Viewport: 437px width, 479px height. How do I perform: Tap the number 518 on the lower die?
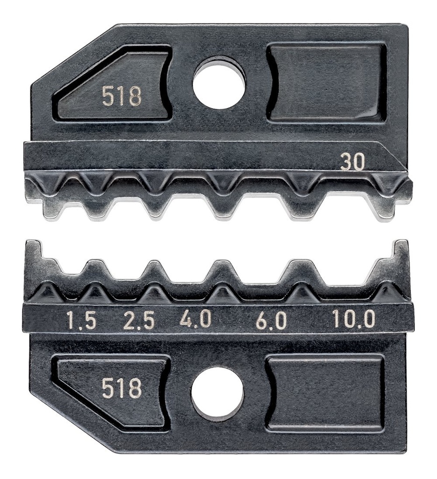(122, 388)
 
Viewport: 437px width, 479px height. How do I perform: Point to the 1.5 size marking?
(81, 321)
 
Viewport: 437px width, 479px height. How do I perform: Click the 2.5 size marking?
(138, 321)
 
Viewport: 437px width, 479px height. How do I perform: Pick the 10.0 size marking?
(354, 319)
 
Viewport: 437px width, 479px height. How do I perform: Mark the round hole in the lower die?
(217, 393)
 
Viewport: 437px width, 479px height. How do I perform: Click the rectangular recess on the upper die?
(327, 83)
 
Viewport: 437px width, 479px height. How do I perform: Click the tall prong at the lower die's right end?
(401, 255)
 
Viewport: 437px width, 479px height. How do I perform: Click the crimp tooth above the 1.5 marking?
(96, 272)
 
